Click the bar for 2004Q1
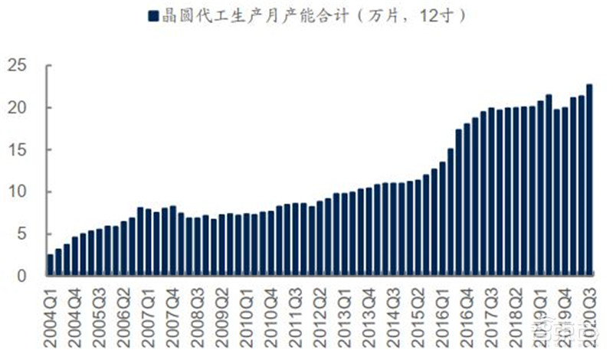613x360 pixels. (51, 265)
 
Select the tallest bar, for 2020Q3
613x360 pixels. (589, 180)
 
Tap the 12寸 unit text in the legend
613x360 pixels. (440, 15)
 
